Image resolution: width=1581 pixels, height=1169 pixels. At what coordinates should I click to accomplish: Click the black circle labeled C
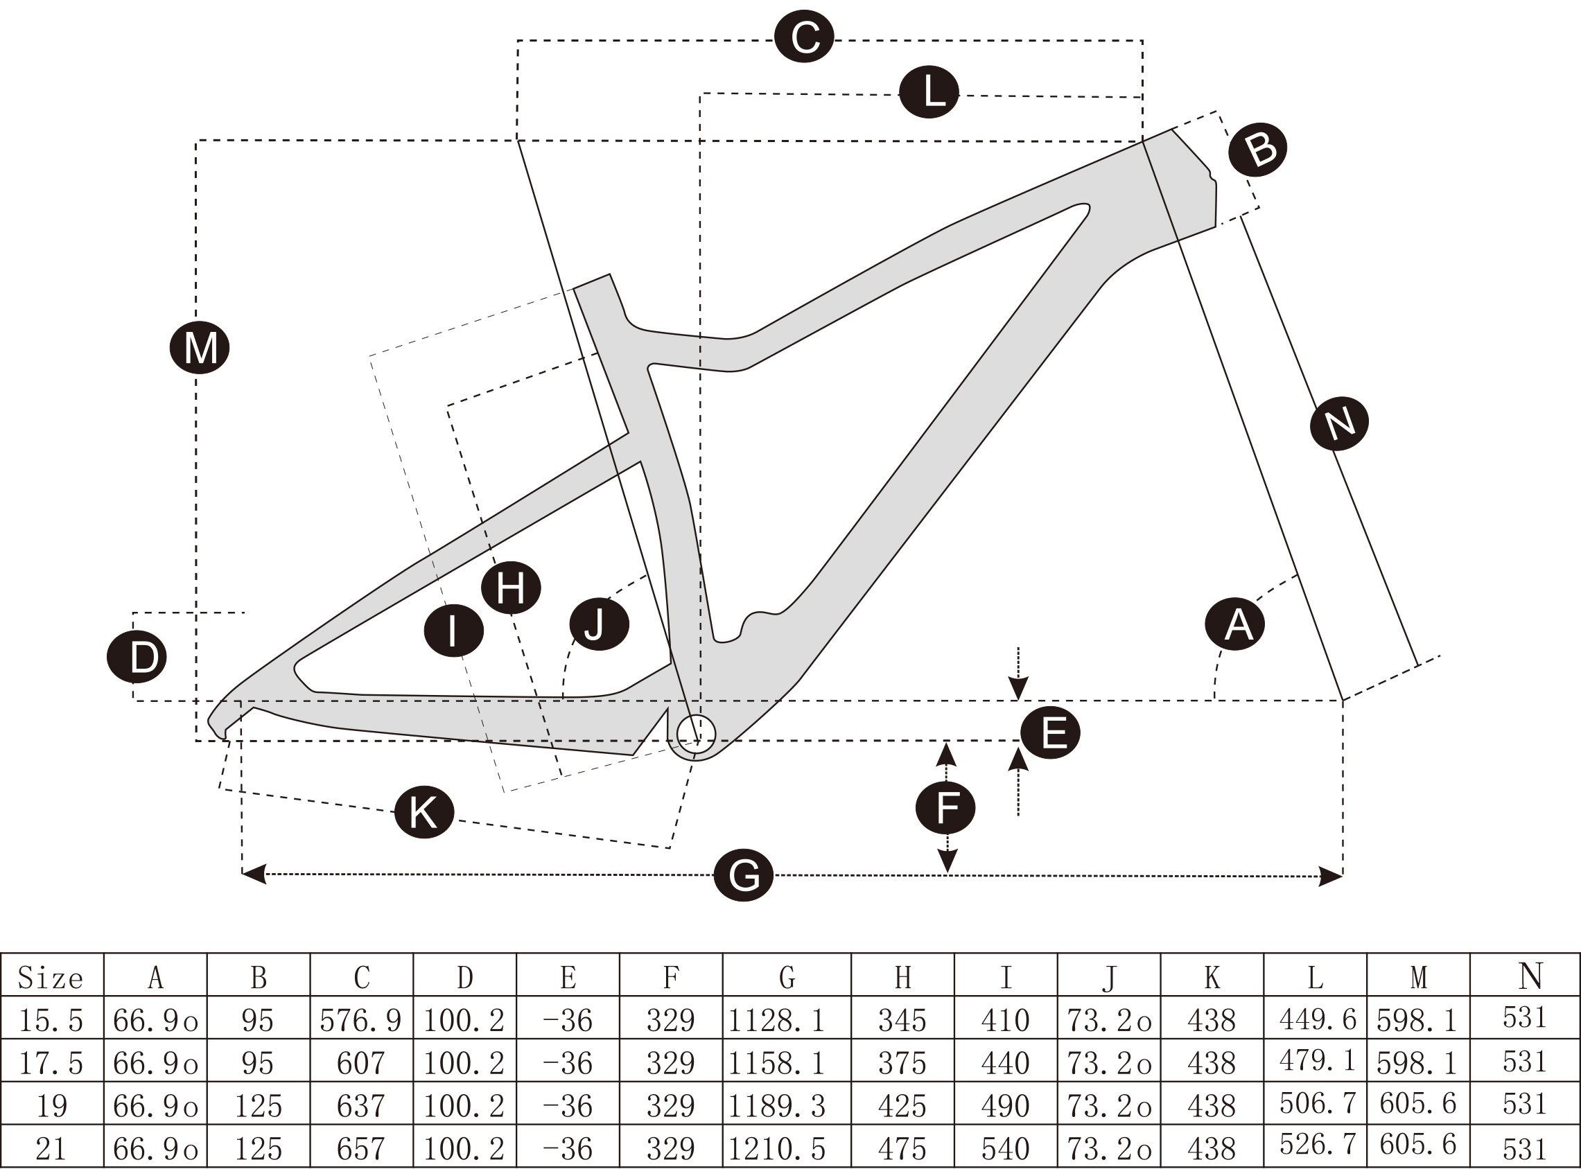tap(804, 37)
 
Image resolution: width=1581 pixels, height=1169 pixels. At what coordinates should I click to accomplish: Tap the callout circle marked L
tap(929, 93)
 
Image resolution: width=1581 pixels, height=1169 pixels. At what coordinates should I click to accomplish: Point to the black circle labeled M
tap(200, 347)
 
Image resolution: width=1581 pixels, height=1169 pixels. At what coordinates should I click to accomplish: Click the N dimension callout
tap(1339, 423)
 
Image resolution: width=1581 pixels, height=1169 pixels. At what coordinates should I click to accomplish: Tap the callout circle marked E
tap(1050, 732)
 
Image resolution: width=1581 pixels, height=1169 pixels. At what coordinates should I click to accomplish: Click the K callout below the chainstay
tap(424, 811)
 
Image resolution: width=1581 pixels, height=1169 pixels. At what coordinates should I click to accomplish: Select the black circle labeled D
tap(137, 657)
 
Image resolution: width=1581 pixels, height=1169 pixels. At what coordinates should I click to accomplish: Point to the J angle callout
tap(600, 624)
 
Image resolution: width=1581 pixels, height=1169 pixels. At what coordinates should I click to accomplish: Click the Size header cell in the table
tap(52, 977)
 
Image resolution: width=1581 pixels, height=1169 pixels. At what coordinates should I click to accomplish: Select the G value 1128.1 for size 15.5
tap(786, 1020)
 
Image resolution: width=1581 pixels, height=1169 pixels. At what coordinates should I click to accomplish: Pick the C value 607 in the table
tap(362, 1063)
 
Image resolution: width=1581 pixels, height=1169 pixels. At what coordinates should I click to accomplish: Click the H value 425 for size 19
tap(902, 1105)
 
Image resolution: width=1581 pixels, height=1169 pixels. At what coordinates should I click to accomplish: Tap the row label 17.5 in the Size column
tap(52, 1063)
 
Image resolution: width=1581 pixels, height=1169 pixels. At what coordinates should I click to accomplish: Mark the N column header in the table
tap(1528, 977)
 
